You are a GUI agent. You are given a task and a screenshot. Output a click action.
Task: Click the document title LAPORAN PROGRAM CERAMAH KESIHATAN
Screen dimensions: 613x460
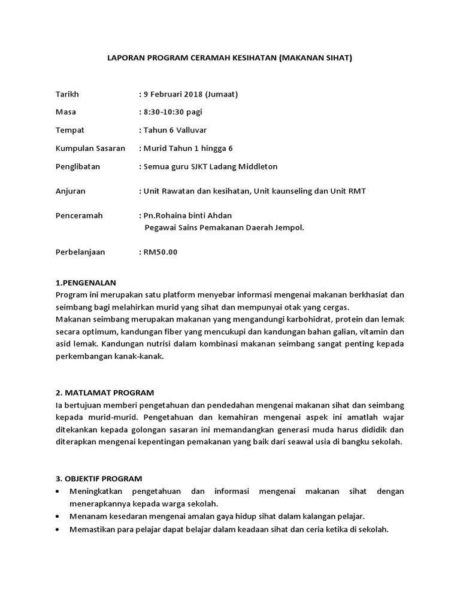click(229, 58)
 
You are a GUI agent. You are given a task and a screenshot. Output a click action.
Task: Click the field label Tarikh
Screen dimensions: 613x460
click(67, 94)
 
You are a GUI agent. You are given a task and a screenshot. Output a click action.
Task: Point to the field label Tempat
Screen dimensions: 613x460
click(70, 130)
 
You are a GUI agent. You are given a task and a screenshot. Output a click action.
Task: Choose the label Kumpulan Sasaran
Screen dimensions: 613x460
click(90, 148)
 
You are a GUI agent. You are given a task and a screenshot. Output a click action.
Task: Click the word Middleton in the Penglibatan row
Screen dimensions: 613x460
click(256, 166)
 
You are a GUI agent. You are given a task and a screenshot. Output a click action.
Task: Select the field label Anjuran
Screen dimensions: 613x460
click(71, 191)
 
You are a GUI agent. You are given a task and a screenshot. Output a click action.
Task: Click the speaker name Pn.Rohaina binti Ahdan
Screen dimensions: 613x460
click(187, 216)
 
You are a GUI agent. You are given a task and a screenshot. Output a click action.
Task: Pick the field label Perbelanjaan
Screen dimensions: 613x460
click(80, 252)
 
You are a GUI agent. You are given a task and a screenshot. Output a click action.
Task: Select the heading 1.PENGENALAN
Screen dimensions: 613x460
click(86, 283)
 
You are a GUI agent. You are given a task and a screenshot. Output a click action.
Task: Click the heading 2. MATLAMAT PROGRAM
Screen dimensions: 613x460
click(105, 393)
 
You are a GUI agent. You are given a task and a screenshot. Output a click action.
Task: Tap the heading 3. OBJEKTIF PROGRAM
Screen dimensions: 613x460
click(99, 478)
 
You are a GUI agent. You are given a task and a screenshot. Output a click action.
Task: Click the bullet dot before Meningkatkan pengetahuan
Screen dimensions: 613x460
click(57, 491)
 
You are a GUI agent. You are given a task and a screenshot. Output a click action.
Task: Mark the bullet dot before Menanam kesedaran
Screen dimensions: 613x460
click(57, 516)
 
